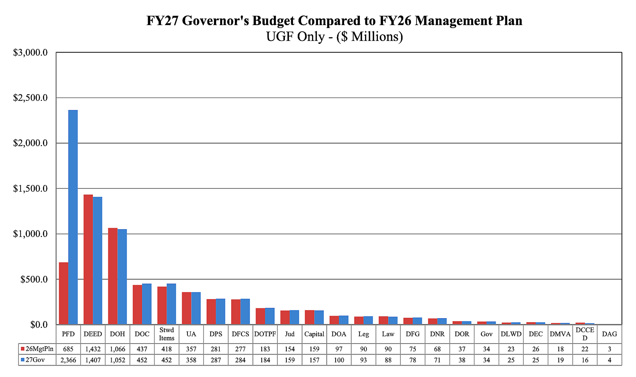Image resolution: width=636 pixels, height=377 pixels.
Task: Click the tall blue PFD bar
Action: click(x=73, y=217)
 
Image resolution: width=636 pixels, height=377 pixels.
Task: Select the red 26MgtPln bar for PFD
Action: click(x=64, y=293)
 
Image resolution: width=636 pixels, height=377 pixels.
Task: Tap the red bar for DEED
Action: click(x=88, y=259)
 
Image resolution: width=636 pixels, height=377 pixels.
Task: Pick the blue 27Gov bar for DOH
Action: click(x=122, y=277)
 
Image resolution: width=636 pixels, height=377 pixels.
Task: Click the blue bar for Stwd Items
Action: click(x=171, y=304)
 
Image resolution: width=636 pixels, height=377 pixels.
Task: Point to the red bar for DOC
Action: click(x=137, y=305)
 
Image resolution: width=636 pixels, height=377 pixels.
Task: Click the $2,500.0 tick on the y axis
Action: click(x=31, y=98)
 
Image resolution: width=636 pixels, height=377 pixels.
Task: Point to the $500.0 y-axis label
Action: click(x=34, y=280)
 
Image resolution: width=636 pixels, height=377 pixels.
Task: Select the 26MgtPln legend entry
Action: click(x=37, y=349)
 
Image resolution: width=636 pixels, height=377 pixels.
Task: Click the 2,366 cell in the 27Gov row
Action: click(x=68, y=360)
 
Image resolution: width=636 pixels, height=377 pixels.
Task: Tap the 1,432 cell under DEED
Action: click(x=93, y=349)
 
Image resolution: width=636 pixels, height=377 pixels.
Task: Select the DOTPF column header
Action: click(x=265, y=334)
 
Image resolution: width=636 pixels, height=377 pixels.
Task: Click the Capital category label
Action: click(x=314, y=334)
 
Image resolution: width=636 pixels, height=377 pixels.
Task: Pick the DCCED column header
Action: click(x=585, y=334)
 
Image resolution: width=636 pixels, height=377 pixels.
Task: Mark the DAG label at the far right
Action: click(x=610, y=334)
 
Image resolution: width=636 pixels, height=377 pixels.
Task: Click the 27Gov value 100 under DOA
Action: click(x=339, y=360)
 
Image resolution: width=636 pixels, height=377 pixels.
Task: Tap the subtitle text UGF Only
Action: click(x=295, y=37)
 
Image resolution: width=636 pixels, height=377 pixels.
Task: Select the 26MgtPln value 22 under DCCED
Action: click(x=585, y=349)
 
